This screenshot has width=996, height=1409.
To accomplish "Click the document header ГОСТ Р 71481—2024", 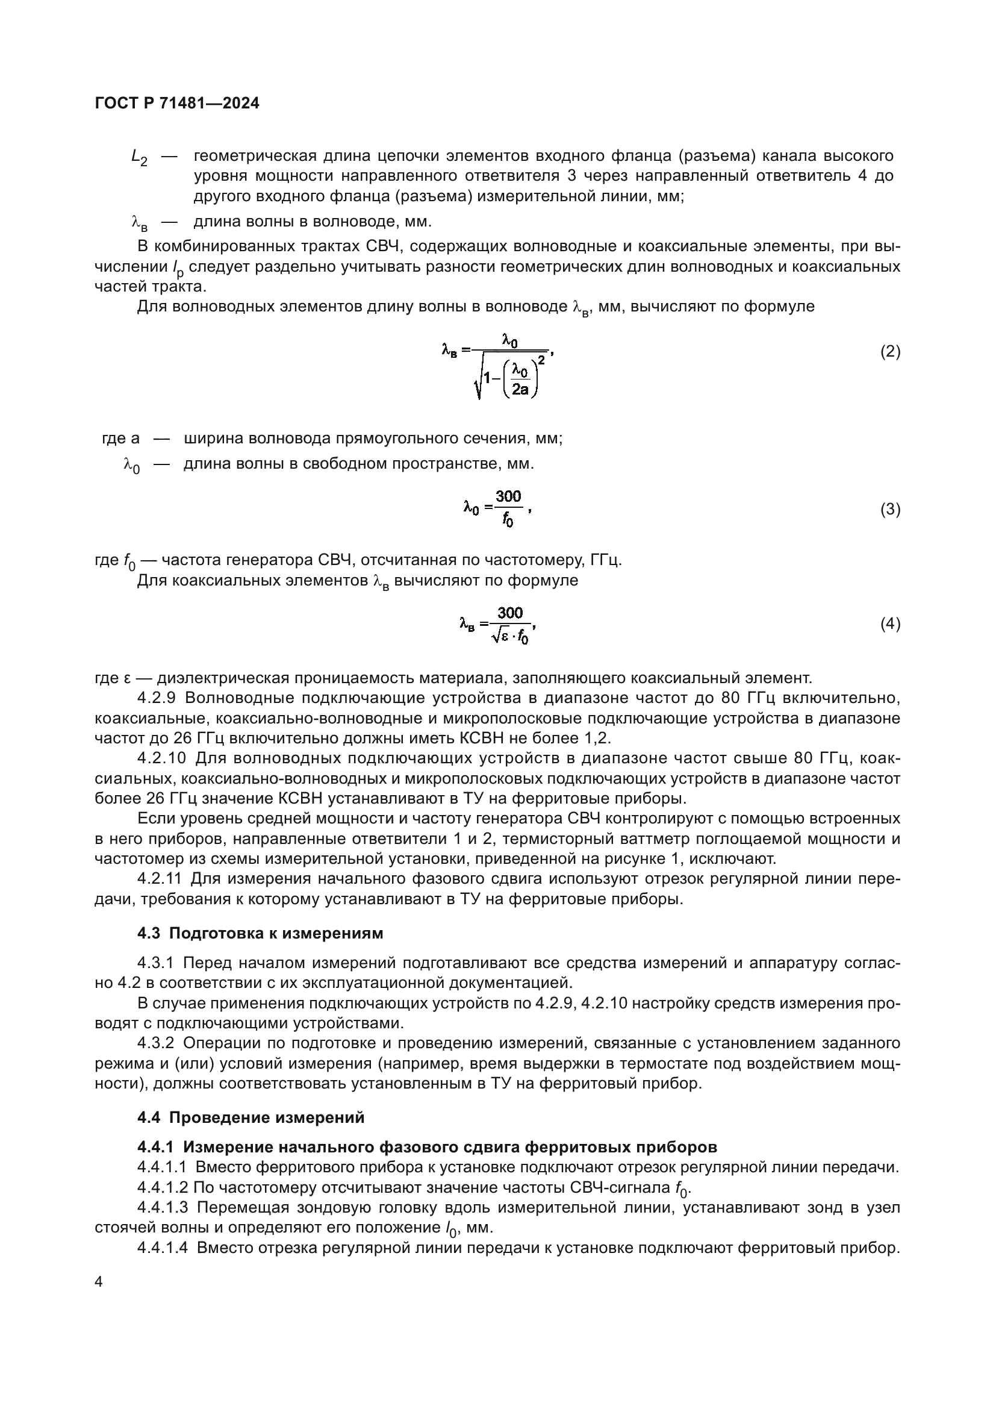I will (x=177, y=103).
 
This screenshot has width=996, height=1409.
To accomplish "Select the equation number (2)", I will (x=890, y=352).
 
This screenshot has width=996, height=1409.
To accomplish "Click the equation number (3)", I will (x=890, y=510).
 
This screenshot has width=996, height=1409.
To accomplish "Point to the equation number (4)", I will (x=890, y=624).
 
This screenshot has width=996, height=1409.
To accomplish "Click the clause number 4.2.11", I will (x=160, y=879).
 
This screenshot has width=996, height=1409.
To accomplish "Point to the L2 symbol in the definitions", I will (x=139, y=158).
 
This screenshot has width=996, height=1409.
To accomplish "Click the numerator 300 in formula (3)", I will (x=508, y=496).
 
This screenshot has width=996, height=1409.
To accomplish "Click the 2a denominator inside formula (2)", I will (x=520, y=389).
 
